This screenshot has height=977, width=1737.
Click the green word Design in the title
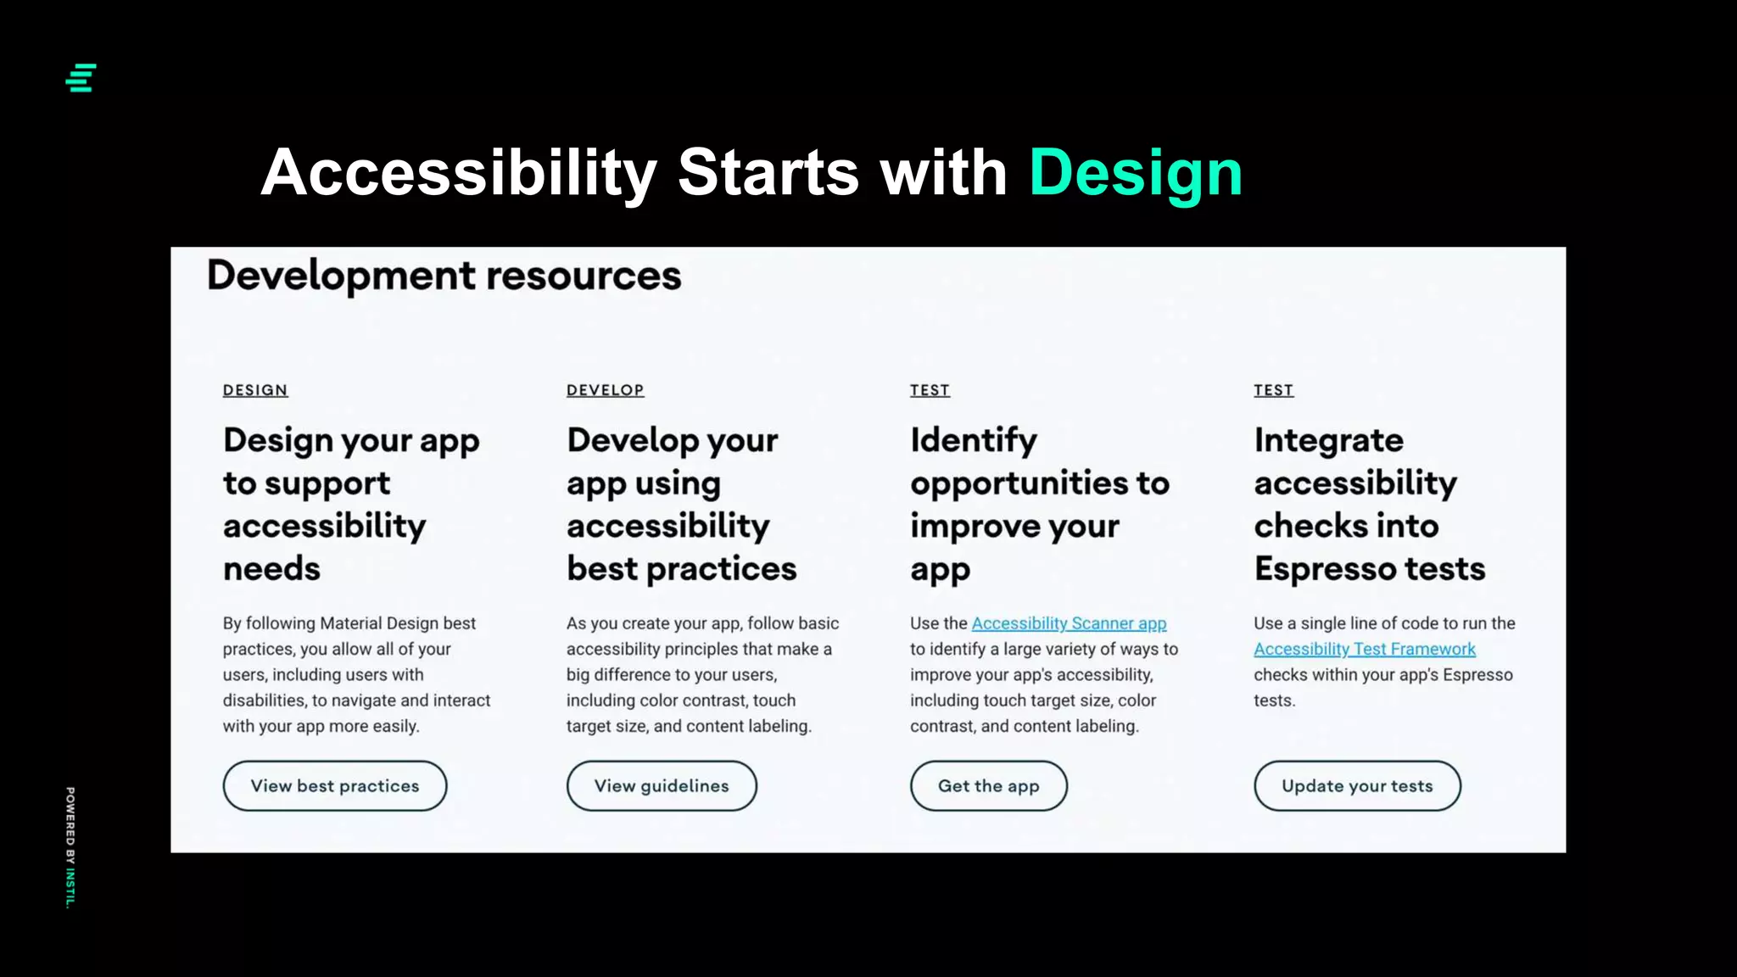1135,174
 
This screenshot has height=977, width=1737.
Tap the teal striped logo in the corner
81,78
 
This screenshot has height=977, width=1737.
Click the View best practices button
334,786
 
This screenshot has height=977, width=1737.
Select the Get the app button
988,786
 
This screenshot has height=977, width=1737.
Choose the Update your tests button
1356,786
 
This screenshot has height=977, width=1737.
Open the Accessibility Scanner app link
1069,623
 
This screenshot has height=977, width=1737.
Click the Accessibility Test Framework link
1364,650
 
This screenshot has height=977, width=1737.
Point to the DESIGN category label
255,390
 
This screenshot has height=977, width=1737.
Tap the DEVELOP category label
605,390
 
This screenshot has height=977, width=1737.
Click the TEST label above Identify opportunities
930,390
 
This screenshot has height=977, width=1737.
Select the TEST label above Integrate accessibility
1273,390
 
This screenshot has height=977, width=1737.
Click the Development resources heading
444,276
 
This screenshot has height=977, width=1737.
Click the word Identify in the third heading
973,440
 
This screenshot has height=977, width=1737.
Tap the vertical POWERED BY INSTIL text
70,847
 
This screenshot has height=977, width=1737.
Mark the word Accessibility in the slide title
459,174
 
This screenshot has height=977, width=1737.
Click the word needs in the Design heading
271,569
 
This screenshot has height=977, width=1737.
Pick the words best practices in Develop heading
681,569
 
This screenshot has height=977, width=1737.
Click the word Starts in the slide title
768,174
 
